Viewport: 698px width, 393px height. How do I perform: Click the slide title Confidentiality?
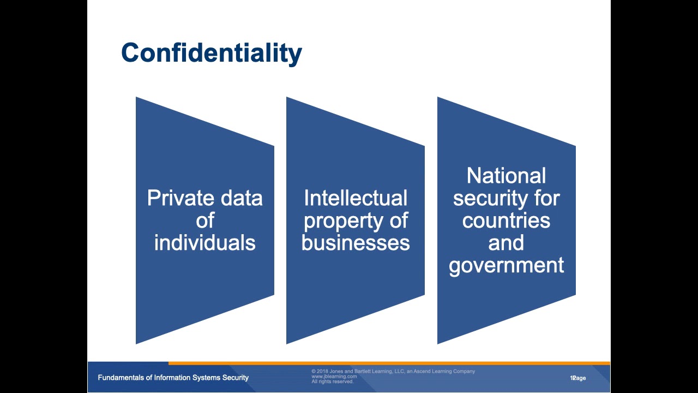click(211, 53)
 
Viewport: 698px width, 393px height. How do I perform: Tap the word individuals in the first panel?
click(204, 243)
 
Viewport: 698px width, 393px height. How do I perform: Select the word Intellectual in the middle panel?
click(355, 198)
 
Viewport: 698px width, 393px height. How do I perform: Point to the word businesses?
click(355, 243)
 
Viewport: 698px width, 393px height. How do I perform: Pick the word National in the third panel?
click(506, 176)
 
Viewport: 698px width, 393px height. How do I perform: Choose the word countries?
click(506, 221)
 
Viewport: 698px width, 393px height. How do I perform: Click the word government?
click(506, 265)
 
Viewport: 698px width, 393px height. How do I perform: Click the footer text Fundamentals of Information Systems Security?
click(173, 378)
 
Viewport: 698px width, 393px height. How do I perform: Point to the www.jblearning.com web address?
click(334, 377)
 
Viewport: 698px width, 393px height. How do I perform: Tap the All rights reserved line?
click(332, 382)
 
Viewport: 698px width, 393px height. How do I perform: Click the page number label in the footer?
click(578, 378)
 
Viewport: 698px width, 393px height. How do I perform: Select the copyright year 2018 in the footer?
click(323, 371)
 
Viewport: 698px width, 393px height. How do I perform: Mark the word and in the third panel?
click(506, 243)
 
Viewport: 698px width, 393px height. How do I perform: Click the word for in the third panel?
click(547, 198)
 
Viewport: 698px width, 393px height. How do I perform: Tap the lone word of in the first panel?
click(204, 221)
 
